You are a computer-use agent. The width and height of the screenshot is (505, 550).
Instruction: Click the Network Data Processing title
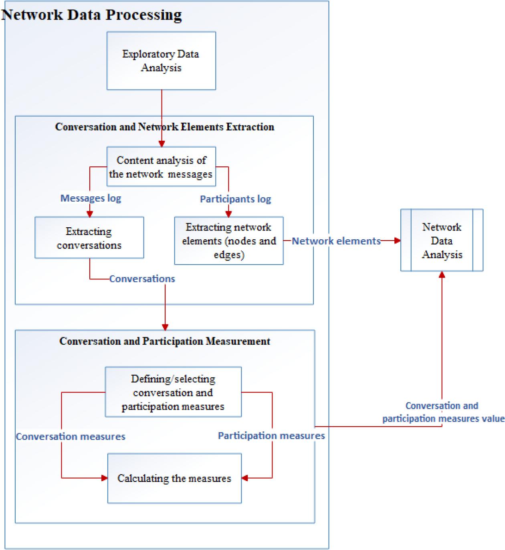pyautogui.click(x=92, y=15)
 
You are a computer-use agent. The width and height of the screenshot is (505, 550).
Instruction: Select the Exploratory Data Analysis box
pyautogui.click(x=161, y=61)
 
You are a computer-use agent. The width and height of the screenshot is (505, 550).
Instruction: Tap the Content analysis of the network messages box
pyautogui.click(x=161, y=167)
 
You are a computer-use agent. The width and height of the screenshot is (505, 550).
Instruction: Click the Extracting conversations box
pyautogui.click(x=89, y=238)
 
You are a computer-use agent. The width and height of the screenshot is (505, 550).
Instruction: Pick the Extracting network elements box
pyautogui.click(x=229, y=241)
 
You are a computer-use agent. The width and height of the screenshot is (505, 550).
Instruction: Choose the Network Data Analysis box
pyautogui.click(x=442, y=241)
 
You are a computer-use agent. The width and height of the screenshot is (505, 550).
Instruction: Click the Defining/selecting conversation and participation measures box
pyautogui.click(x=173, y=392)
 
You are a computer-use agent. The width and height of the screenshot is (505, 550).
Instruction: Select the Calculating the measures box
pyautogui.click(x=174, y=478)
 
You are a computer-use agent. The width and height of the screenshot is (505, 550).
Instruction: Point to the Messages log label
pyautogui.click(x=91, y=198)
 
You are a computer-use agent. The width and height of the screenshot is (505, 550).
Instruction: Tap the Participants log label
pyautogui.click(x=235, y=199)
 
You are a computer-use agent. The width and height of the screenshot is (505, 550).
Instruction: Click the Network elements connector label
pyautogui.click(x=336, y=241)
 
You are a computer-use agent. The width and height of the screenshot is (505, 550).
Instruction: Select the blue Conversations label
pyautogui.click(x=142, y=279)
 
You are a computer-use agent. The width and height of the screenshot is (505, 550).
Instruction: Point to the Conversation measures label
pyautogui.click(x=71, y=436)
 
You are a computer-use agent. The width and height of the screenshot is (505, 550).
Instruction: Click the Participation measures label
pyautogui.click(x=271, y=435)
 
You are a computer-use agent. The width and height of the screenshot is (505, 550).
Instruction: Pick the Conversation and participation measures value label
pyautogui.click(x=442, y=412)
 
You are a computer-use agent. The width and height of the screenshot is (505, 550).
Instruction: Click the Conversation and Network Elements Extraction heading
pyautogui.click(x=164, y=127)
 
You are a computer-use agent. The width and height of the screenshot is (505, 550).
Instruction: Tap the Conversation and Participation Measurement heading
pyautogui.click(x=165, y=341)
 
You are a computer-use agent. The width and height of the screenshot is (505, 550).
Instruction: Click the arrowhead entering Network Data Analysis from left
pyautogui.click(x=397, y=241)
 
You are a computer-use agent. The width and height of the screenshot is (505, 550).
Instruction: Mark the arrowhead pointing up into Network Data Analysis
pyautogui.click(x=442, y=275)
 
